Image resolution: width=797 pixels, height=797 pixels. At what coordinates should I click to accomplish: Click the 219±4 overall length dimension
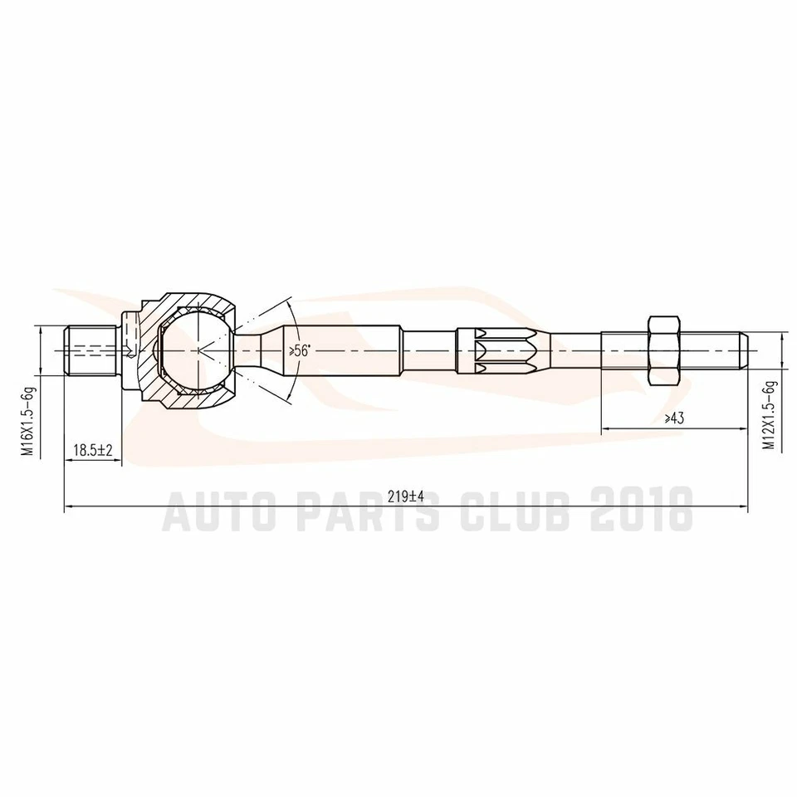[x=406, y=496]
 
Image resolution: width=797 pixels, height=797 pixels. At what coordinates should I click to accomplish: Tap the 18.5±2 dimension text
[x=92, y=450]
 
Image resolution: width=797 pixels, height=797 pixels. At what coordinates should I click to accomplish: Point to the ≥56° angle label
[x=299, y=351]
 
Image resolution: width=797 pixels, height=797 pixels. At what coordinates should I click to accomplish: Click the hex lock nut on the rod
[x=663, y=350]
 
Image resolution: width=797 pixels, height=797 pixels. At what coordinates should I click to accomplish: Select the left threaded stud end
[x=89, y=350]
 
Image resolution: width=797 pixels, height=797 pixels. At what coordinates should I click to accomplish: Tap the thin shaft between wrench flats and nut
[x=573, y=350]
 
